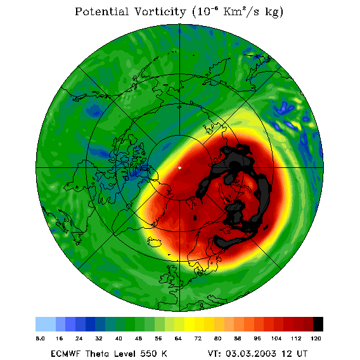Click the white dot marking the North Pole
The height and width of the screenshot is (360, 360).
click(180, 168)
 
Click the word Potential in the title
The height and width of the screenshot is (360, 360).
click(101, 11)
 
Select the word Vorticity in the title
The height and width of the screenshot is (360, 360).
click(160, 11)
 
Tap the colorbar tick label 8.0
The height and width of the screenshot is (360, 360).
click(40, 338)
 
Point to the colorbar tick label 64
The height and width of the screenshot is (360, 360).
click(178, 338)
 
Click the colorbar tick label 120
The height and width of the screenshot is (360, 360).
click(316, 338)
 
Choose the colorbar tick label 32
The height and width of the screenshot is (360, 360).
click(99, 338)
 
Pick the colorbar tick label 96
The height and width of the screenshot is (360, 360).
click(257, 338)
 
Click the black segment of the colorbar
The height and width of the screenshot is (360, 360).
click(318, 324)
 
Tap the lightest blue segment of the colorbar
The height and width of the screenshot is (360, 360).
click(46, 324)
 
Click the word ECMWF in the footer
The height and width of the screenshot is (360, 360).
click(65, 354)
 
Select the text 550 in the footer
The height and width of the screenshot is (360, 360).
click(149, 354)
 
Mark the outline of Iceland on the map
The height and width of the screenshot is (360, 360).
click(154, 241)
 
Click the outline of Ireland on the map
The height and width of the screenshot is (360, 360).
click(164, 278)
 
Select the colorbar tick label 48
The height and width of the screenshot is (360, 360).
click(138, 338)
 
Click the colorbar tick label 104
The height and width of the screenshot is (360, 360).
click(276, 338)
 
